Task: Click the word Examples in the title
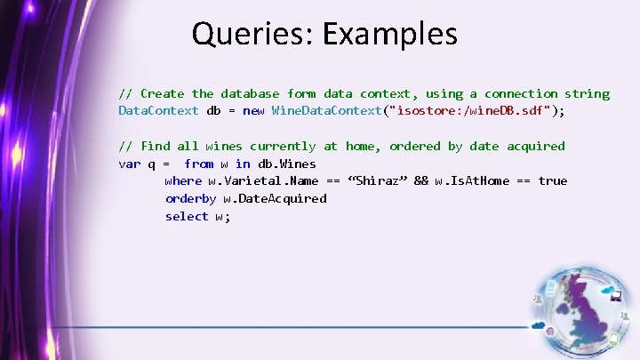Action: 390,35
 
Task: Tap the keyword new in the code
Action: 253,111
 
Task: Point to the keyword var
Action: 129,164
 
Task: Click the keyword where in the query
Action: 183,181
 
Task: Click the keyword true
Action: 552,181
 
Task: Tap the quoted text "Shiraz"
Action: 379,181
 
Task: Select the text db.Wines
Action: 287,164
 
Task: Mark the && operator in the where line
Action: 421,181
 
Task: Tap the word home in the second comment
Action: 360,146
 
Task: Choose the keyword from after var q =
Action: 198,164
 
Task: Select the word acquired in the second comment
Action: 535,146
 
